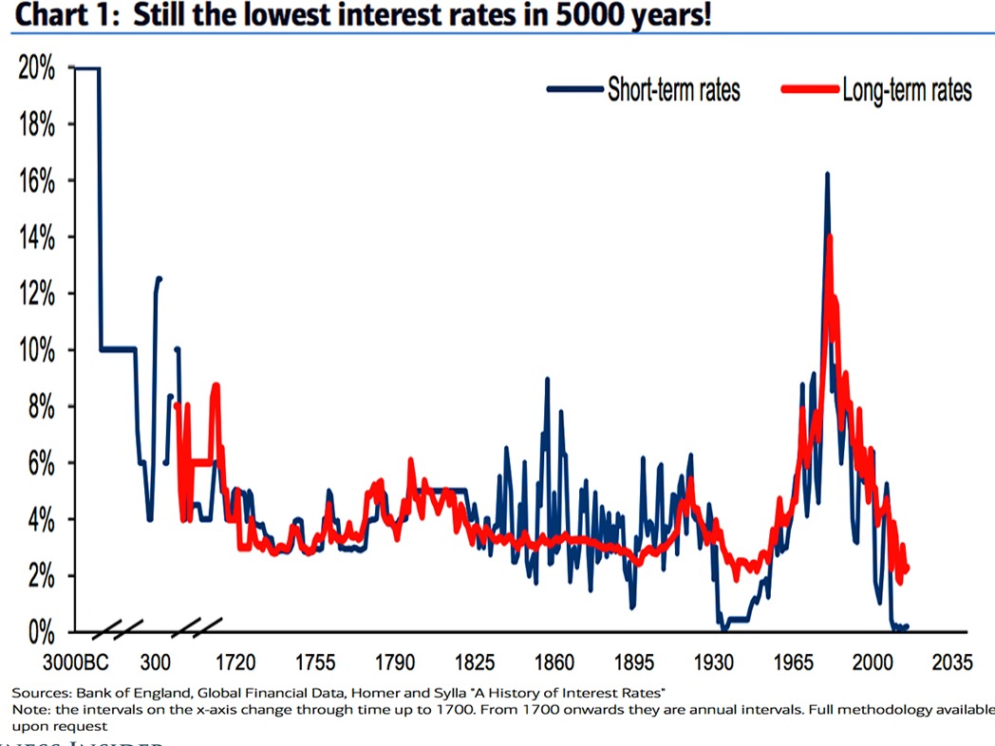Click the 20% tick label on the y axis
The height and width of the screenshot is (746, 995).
point(36,69)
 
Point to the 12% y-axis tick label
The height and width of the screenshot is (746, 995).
point(36,294)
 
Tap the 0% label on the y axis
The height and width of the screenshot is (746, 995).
point(40,632)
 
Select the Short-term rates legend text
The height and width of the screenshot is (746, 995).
point(673,90)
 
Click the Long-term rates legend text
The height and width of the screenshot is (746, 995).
point(907,90)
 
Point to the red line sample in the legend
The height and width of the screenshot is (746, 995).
point(809,90)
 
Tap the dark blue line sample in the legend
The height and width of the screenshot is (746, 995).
point(575,90)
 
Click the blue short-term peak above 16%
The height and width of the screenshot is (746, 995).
point(827,176)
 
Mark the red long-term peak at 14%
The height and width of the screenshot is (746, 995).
point(830,237)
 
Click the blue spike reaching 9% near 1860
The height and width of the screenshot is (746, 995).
point(547,380)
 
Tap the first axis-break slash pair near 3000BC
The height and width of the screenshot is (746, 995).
point(118,627)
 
